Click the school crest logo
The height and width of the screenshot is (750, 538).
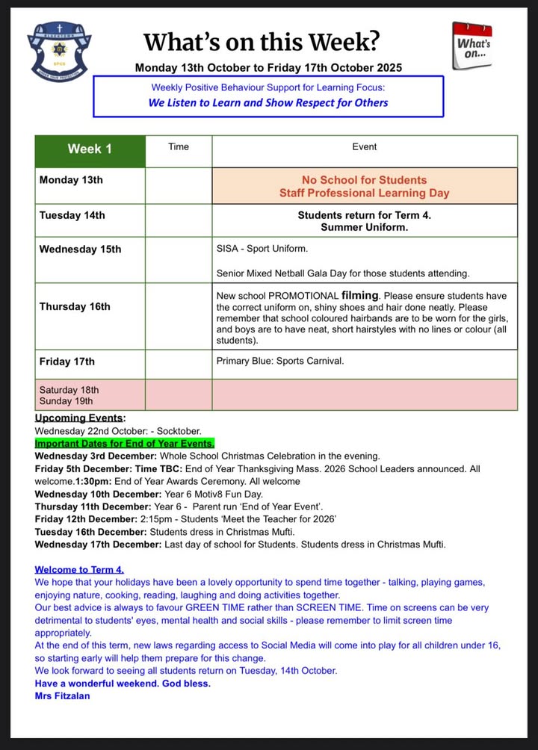coord(60,52)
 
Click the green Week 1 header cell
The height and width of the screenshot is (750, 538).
coord(90,149)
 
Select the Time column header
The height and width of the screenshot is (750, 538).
coord(179,146)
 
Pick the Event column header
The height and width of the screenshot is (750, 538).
coord(365,146)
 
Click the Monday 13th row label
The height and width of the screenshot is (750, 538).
coord(71,180)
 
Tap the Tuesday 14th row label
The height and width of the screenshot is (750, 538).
coord(72,215)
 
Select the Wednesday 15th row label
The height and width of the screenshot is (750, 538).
coord(80,250)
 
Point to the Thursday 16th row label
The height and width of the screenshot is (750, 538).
coord(75,306)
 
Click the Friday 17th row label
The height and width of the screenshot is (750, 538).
coord(67,362)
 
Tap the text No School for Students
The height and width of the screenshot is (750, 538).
coord(365,180)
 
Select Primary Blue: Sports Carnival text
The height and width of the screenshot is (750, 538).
coord(280,362)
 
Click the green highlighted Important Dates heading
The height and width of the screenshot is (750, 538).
coord(124,443)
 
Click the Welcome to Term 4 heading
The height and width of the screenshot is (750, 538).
coord(79,569)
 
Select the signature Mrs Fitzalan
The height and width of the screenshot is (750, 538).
coord(62,695)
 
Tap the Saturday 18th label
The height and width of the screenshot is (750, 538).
coord(69,390)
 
